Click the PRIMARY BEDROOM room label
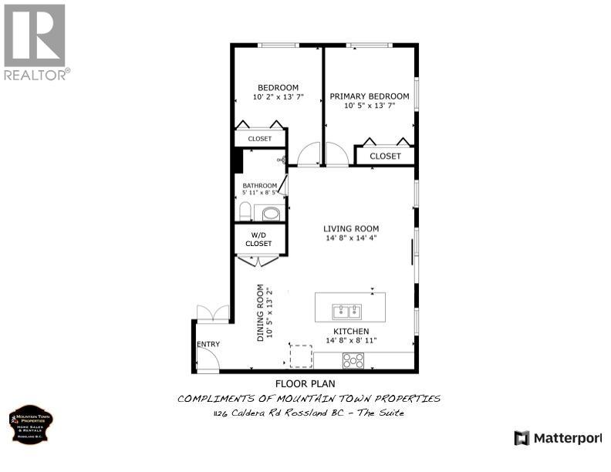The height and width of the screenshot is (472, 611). point(370,96)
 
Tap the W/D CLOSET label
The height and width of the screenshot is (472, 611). point(259,239)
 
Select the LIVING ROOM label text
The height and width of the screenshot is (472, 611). point(351,228)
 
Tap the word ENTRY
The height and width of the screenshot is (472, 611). point(208,345)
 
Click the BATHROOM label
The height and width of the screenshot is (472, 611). point(259,186)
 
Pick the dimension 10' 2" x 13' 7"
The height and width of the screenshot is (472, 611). point(278,97)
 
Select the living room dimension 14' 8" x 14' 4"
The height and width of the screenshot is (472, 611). point(351,238)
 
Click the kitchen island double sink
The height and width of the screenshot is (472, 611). point(346,312)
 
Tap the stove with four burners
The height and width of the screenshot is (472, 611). point(353,359)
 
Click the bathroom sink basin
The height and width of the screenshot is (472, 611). point(270,213)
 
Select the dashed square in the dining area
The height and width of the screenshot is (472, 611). point(300,356)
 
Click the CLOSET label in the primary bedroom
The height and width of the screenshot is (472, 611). point(385,156)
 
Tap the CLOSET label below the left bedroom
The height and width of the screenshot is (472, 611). point(260,139)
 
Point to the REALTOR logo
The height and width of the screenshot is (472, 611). point(35,42)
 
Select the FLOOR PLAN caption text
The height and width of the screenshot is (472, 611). point(305,383)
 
